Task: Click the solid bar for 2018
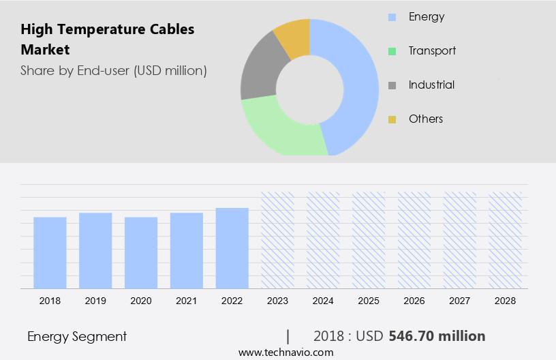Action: [50, 252]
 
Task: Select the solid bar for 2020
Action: [141, 252]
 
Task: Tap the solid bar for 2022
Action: [232, 247]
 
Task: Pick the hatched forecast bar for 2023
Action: [278, 239]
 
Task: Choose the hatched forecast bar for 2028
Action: [506, 239]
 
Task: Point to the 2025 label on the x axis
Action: [369, 300]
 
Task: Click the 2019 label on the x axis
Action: [95, 300]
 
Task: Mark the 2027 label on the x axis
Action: [460, 300]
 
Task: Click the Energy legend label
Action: [426, 16]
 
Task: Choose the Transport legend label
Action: [432, 50]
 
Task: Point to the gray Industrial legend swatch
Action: [392, 85]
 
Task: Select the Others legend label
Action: [426, 119]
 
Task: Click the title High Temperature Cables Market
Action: [107, 40]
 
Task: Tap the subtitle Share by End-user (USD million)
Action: [113, 70]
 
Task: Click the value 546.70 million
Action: [437, 336]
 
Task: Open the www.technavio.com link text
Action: [286, 352]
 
